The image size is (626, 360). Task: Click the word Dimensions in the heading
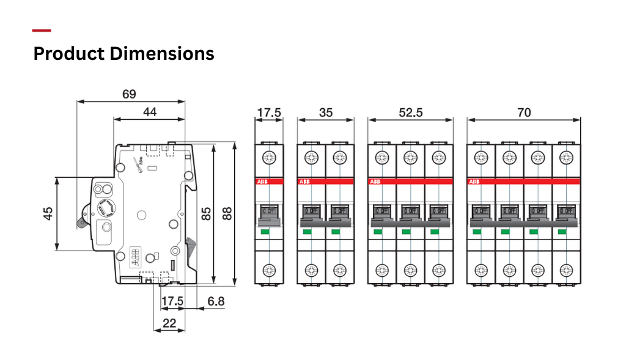tap(162, 54)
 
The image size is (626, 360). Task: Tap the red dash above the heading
tap(42, 31)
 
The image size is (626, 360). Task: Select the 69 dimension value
tap(129, 94)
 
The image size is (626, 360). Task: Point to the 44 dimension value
tap(149, 112)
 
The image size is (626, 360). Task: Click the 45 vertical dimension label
tap(48, 213)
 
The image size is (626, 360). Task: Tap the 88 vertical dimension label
tap(227, 213)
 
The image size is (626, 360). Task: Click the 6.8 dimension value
tap(216, 301)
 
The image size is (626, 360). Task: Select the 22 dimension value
tap(169, 323)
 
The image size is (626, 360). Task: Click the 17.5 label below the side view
tap(172, 301)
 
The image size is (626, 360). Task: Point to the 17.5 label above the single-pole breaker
tap(269, 112)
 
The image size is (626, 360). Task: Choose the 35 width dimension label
tap(326, 112)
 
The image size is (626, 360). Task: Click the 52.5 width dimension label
tap(410, 112)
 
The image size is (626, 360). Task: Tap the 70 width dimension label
tap(523, 112)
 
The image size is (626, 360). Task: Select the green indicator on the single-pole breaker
tap(265, 232)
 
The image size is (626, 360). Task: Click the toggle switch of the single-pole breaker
tap(269, 213)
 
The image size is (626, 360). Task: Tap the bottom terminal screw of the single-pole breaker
tap(269, 269)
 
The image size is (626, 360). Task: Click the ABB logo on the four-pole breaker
tap(474, 182)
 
